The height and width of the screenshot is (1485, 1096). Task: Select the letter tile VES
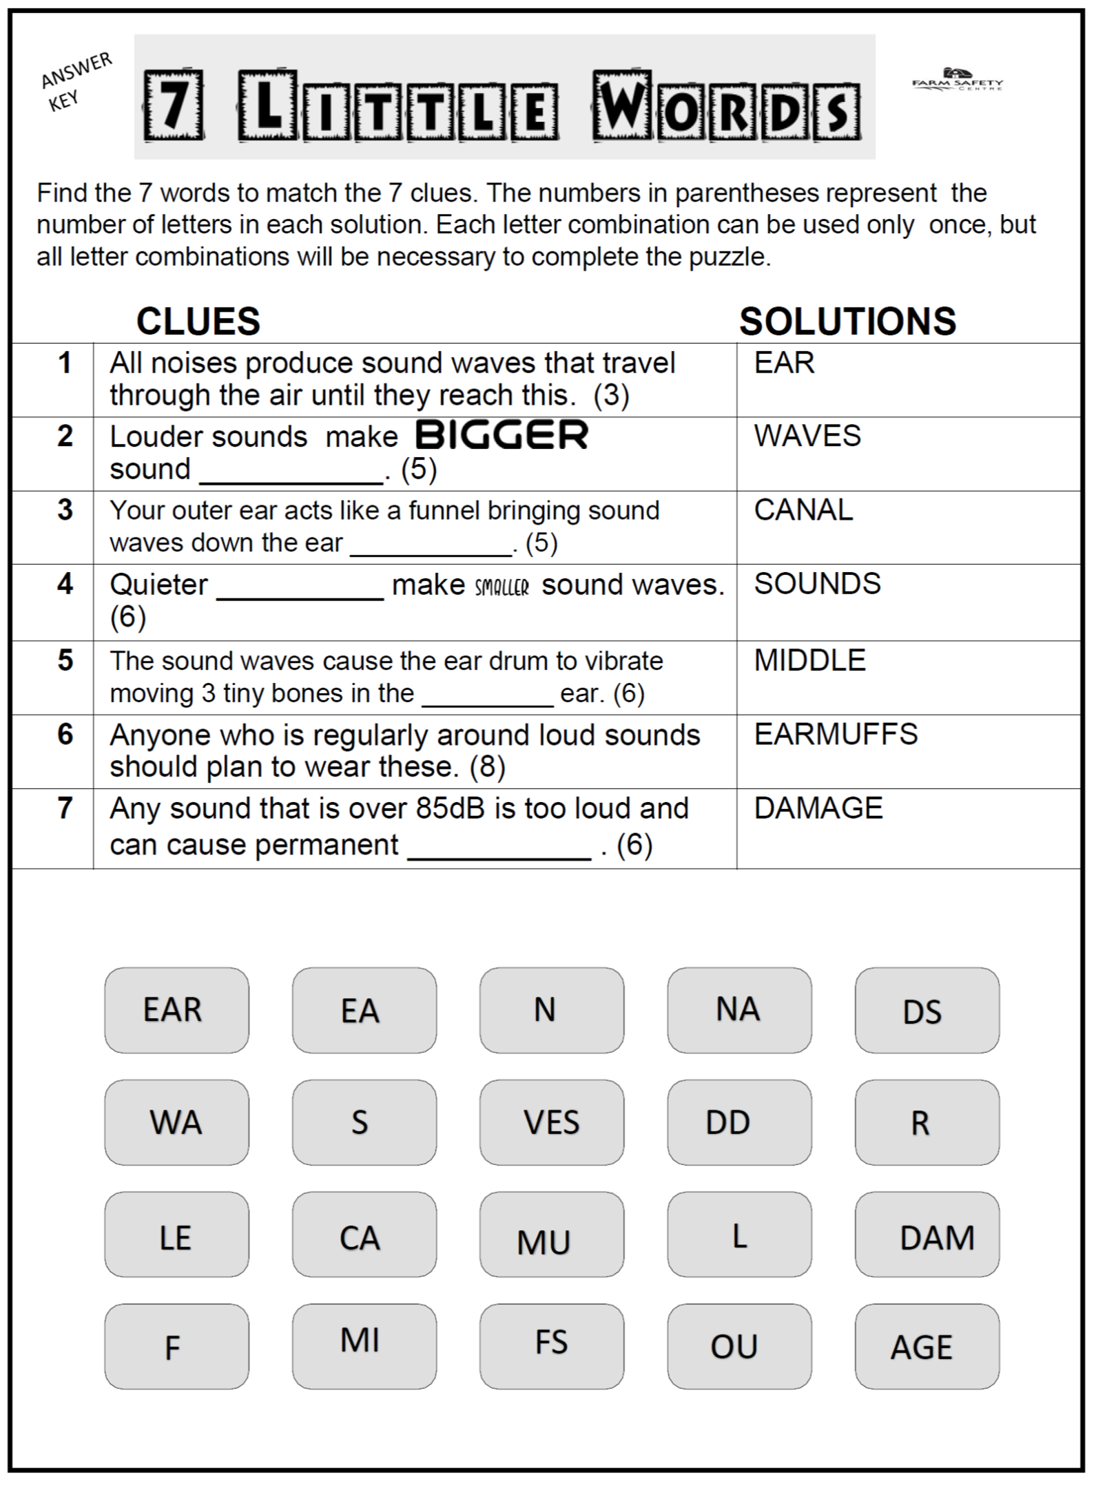552,1122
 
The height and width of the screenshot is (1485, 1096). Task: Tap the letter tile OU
739,1347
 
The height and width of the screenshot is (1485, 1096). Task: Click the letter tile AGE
927,1347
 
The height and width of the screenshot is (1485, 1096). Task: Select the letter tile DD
739,1122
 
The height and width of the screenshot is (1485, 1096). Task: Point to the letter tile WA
176,1122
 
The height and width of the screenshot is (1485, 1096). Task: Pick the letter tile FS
552,1347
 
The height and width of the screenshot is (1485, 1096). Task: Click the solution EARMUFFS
836,735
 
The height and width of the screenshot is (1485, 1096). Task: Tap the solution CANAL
803,510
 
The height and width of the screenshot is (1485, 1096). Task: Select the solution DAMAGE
818,808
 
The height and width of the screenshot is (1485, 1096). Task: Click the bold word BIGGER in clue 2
502,435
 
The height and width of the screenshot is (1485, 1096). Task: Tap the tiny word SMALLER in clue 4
502,587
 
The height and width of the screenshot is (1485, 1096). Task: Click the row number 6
65,735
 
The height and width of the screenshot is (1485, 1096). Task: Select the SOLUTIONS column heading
847,322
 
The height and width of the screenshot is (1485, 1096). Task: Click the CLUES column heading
198,322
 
